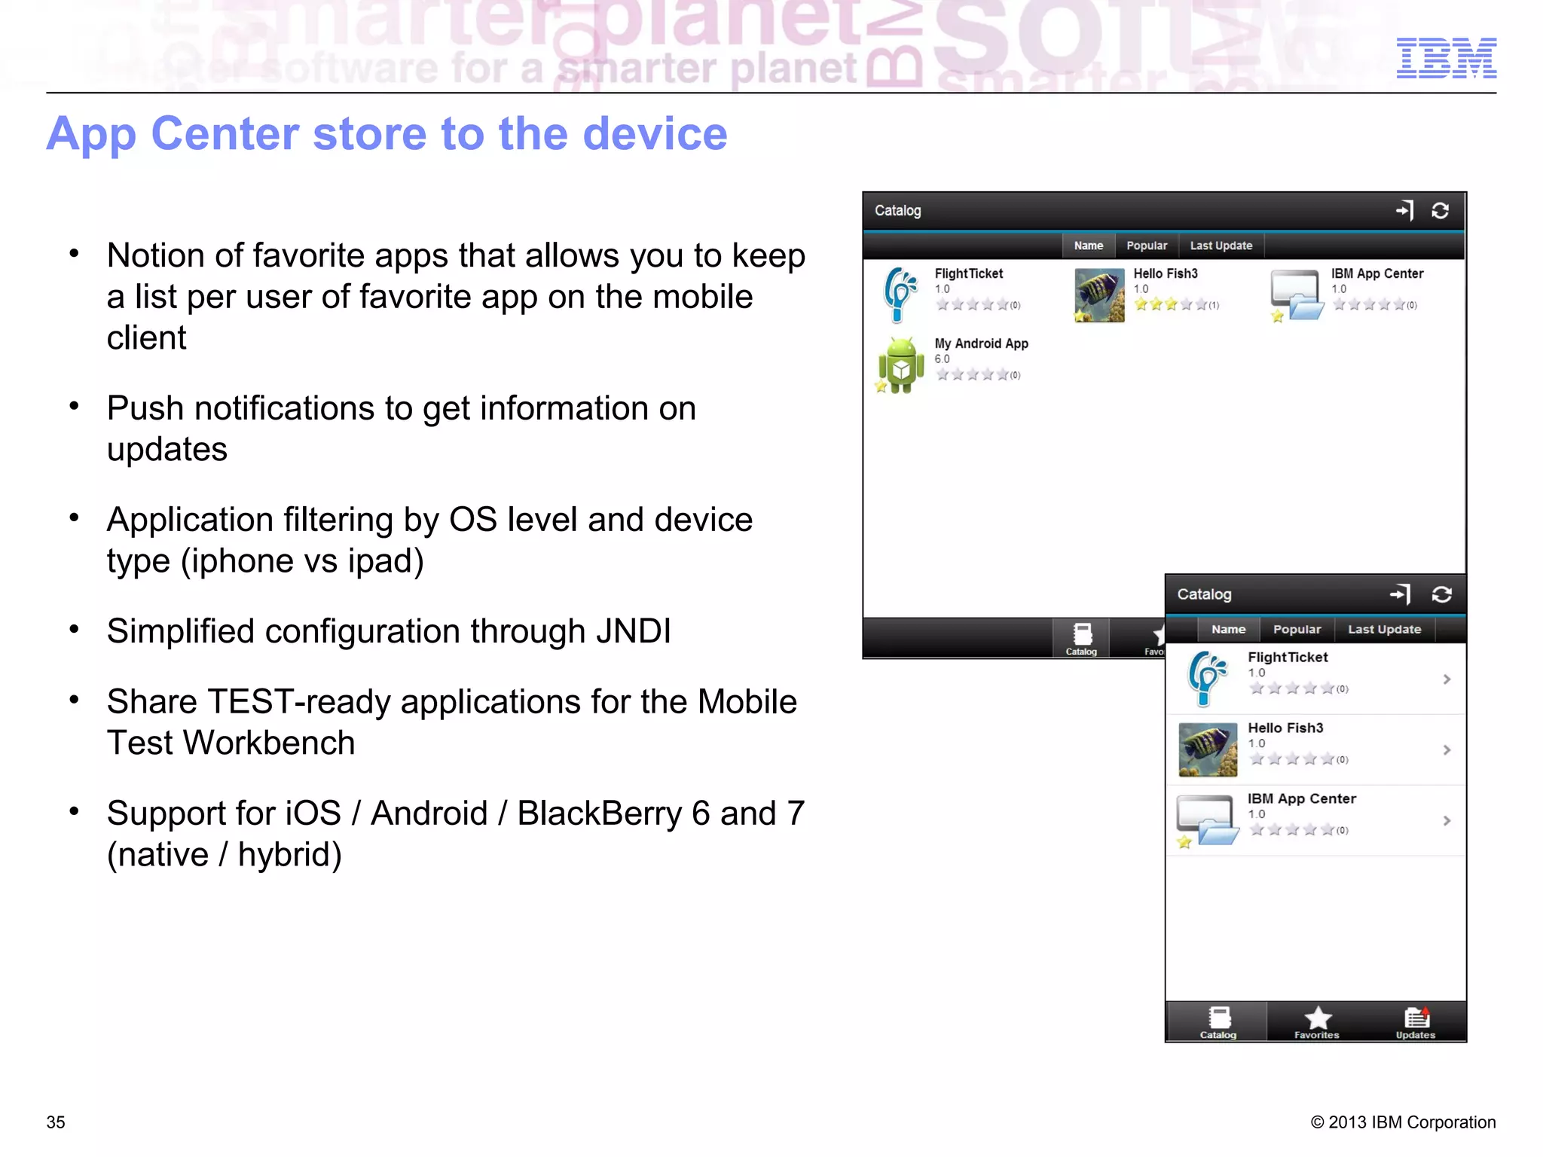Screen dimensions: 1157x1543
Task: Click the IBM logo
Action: pyautogui.click(x=1446, y=58)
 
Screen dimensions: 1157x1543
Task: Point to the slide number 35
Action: pyautogui.click(x=56, y=1122)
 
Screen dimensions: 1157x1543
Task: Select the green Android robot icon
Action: pyautogui.click(x=900, y=366)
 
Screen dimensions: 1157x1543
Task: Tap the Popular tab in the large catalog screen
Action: pyautogui.click(x=1146, y=246)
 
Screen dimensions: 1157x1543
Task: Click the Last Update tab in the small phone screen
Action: pyautogui.click(x=1384, y=629)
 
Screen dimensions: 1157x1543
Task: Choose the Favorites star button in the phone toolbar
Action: pyautogui.click(x=1317, y=1021)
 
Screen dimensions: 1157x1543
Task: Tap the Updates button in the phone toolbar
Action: pyautogui.click(x=1416, y=1021)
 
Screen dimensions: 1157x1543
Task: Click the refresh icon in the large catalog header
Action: pyautogui.click(x=1440, y=211)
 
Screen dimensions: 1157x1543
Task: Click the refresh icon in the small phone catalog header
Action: pyautogui.click(x=1441, y=594)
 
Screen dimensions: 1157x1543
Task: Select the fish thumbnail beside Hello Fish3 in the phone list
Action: pyautogui.click(x=1208, y=749)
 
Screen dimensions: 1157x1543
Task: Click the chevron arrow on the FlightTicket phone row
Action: pyautogui.click(x=1447, y=679)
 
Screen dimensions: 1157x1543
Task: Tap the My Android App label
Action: pyautogui.click(x=981, y=343)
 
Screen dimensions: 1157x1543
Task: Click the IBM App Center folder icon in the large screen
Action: pyautogui.click(x=1296, y=295)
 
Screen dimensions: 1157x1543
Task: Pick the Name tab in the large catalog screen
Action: pyautogui.click(x=1088, y=246)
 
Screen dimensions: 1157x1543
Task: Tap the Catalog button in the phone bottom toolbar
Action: pyautogui.click(x=1218, y=1021)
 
